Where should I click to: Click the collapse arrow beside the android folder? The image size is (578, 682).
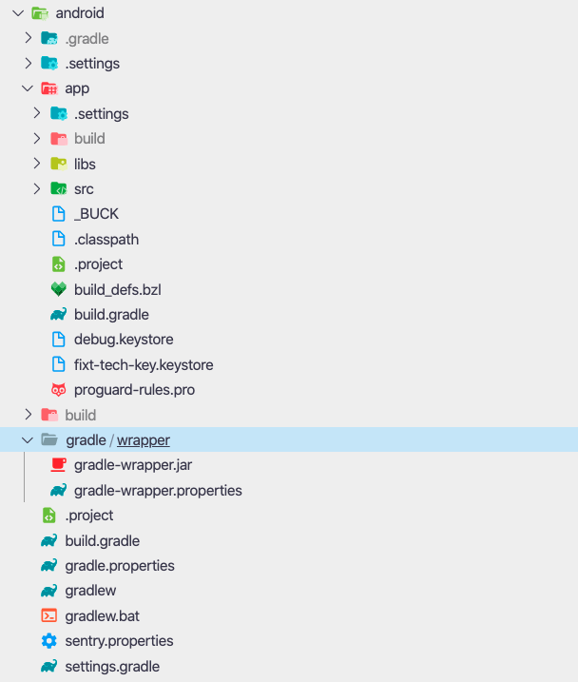click(x=18, y=13)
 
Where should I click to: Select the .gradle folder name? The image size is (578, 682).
click(x=87, y=39)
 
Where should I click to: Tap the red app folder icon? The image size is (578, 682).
click(x=49, y=88)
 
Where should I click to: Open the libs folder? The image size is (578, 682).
click(x=85, y=164)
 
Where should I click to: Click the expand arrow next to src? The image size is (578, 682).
click(x=37, y=188)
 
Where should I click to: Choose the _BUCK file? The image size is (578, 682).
click(x=96, y=214)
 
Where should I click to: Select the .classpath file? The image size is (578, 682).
click(x=106, y=239)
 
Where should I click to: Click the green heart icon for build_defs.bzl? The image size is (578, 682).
click(x=59, y=289)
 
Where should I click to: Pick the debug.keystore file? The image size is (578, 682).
click(x=124, y=340)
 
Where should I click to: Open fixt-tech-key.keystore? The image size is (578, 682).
click(x=144, y=364)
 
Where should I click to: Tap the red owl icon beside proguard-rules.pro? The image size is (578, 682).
click(x=59, y=390)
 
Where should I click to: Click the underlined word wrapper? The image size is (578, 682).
click(x=144, y=440)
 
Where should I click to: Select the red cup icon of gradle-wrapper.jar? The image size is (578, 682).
click(x=59, y=464)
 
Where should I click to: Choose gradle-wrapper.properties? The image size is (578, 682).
click(x=158, y=490)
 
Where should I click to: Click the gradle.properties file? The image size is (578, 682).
click(x=120, y=565)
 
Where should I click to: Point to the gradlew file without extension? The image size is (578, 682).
click(x=90, y=591)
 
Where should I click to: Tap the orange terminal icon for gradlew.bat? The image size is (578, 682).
click(x=49, y=615)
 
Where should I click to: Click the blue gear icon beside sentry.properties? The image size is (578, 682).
click(x=49, y=641)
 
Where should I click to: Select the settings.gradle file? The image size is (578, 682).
click(x=112, y=667)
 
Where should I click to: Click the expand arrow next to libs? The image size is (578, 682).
click(x=37, y=164)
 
